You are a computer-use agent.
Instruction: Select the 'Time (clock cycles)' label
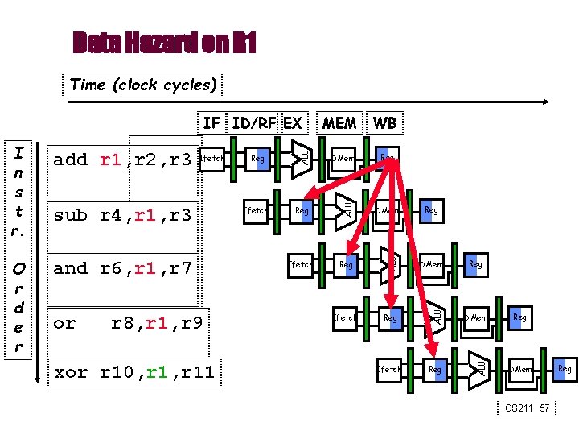click(143, 85)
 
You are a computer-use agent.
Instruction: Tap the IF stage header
click(211, 122)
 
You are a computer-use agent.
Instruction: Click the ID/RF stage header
click(255, 122)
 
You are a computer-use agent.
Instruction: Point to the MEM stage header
click(339, 122)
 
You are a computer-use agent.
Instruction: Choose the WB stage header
click(384, 122)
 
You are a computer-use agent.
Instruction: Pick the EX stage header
click(293, 122)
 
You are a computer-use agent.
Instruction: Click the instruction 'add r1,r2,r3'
click(123, 159)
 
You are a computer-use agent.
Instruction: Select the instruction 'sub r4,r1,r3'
click(123, 215)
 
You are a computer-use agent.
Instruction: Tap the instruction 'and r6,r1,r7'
click(123, 268)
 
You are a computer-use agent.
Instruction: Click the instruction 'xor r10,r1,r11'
click(133, 371)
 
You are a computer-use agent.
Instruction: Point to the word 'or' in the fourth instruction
click(64, 323)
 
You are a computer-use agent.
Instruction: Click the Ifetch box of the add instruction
click(211, 159)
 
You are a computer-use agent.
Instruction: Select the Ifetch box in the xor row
click(389, 370)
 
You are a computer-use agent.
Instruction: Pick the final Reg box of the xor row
click(565, 369)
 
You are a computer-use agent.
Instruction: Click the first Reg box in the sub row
click(302, 211)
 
